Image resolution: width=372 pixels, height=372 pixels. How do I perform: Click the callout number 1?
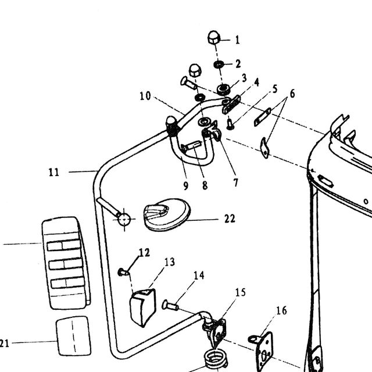238,40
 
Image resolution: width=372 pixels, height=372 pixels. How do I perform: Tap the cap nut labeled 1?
214,37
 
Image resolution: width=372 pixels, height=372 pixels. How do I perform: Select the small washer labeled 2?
219,65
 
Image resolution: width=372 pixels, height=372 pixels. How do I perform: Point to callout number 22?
230,219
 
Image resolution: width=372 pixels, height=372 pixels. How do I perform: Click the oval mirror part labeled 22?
167,214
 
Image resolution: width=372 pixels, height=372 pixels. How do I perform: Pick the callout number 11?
53,172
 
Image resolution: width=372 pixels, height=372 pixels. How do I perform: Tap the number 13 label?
170,262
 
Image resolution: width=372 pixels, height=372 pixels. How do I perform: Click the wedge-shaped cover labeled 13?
142,307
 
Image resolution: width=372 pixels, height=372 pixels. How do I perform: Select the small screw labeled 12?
123,272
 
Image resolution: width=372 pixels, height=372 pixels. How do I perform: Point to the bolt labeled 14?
170,305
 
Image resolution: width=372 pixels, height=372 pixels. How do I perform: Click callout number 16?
281,310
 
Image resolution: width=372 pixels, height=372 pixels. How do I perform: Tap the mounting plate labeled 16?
262,350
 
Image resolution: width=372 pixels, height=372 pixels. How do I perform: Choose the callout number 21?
4,344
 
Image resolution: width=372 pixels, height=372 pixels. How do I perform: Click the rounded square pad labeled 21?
73,336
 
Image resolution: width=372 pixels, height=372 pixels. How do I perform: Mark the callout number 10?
145,96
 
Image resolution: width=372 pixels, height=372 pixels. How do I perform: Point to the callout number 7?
235,183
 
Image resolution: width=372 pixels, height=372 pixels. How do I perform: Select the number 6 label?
292,94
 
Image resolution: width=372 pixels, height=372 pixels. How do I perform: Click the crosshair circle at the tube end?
124,219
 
